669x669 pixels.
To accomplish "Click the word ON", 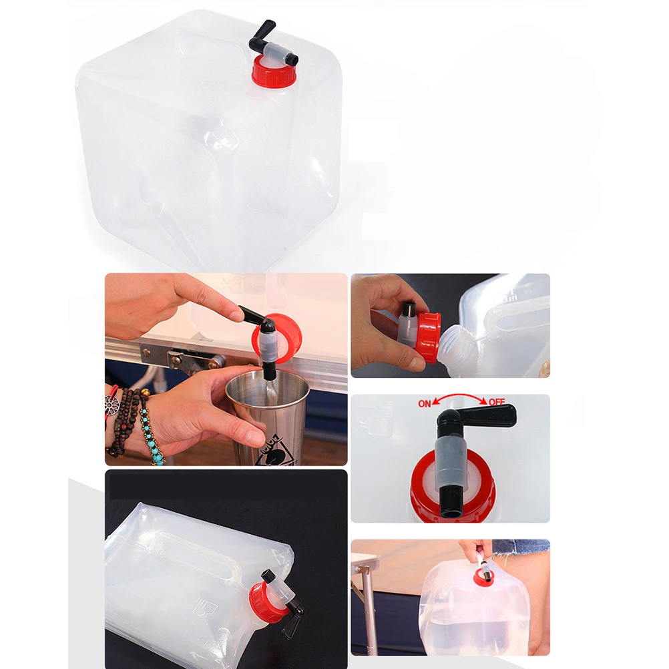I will (x=425, y=403).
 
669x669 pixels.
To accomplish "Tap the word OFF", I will (x=496, y=403).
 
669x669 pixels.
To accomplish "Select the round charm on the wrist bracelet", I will (x=111, y=405).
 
